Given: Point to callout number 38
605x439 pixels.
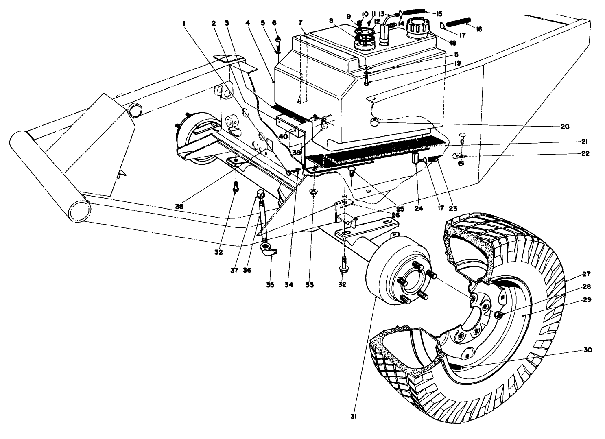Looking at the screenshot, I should tap(179, 206).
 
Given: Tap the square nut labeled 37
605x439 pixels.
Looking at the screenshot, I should tap(260, 194).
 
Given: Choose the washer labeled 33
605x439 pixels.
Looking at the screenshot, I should tap(313, 192).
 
